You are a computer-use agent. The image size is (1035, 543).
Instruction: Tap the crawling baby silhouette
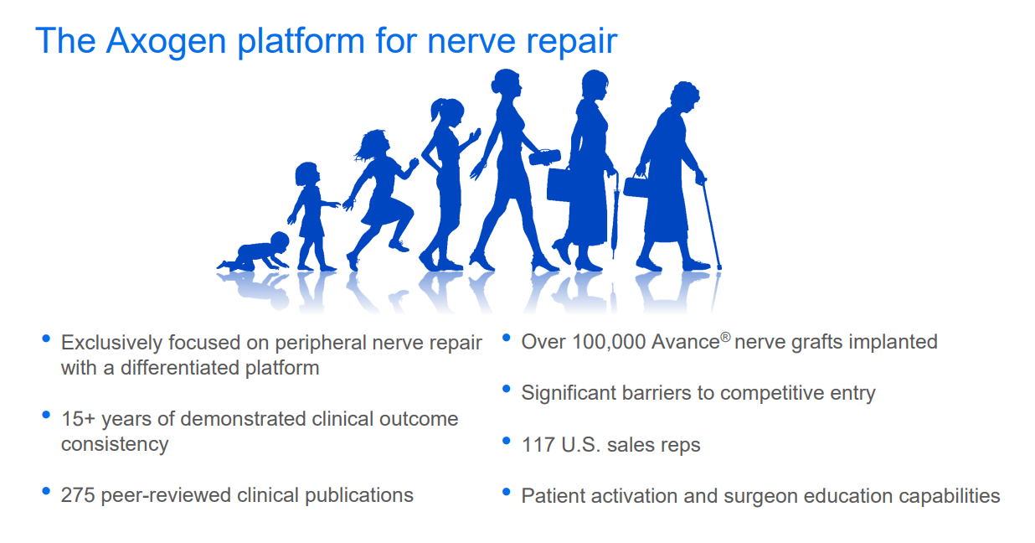tap(255, 253)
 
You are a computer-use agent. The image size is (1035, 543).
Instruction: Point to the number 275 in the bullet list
tap(79, 495)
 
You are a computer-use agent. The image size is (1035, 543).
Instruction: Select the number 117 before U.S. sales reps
tap(538, 444)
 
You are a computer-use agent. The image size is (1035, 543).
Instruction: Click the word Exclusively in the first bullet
tap(111, 343)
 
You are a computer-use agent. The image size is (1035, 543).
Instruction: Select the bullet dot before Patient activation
tap(506, 491)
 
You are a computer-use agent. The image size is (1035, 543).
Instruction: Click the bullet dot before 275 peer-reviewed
tap(46, 491)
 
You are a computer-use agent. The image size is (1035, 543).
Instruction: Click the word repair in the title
tap(574, 41)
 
